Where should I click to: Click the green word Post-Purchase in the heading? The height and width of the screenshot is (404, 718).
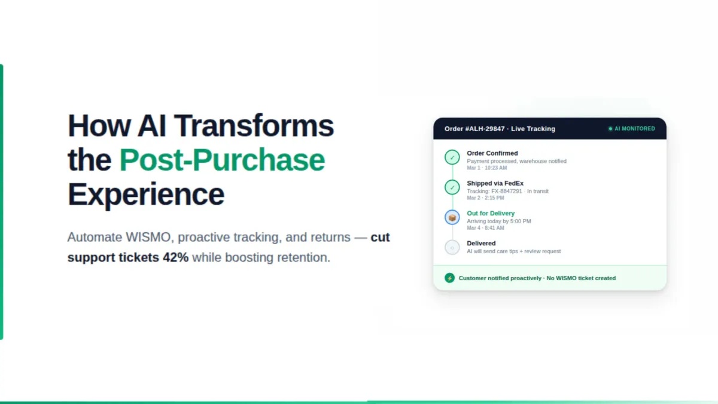(x=222, y=160)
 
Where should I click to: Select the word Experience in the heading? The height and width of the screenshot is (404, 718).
(x=146, y=195)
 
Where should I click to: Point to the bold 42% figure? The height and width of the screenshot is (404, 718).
(x=175, y=258)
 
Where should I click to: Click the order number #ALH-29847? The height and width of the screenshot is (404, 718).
(x=485, y=129)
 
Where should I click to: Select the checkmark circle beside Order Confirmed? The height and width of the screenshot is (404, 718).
(x=452, y=157)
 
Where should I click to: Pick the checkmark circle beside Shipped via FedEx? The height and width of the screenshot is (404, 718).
(x=452, y=187)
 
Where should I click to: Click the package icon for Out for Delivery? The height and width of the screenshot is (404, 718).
(x=452, y=217)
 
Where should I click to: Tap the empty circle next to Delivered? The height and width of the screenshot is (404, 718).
(x=452, y=247)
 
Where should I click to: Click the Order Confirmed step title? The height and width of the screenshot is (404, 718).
(x=492, y=153)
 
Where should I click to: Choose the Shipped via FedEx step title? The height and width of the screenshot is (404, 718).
(x=495, y=183)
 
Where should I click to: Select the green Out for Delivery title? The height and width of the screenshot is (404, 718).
(x=491, y=213)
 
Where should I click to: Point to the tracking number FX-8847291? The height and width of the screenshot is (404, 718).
(x=506, y=191)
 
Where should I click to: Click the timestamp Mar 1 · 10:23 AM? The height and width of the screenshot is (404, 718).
(x=487, y=168)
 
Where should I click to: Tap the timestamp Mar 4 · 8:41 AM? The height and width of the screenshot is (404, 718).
(x=485, y=228)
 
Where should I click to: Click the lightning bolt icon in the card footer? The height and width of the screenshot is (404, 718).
(x=449, y=278)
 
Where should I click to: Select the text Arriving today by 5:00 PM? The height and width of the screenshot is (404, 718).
(x=499, y=221)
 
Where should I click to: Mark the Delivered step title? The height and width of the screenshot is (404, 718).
(x=481, y=243)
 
